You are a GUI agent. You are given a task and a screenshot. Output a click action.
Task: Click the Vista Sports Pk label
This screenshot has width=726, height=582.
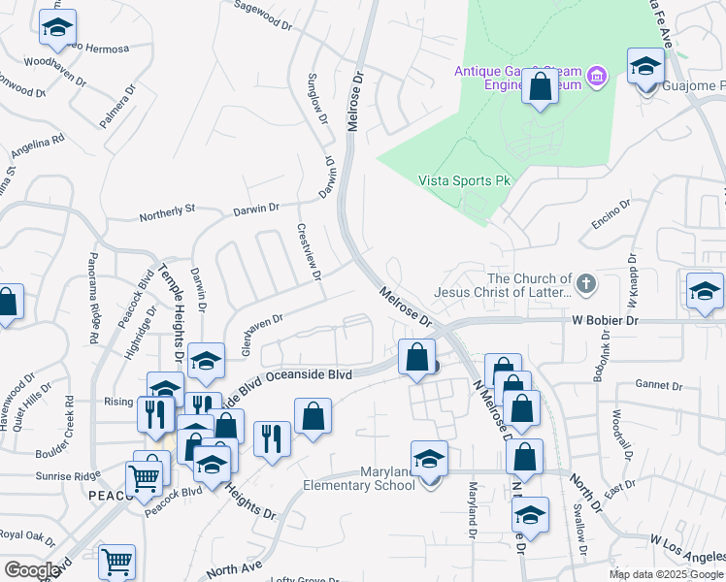click(x=464, y=180)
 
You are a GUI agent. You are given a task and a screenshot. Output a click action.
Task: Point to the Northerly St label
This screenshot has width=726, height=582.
click(x=168, y=209)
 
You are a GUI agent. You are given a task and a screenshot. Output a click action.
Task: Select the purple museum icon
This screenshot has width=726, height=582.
click(x=597, y=75)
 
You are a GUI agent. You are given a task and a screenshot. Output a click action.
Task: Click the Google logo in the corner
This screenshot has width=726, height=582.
click(x=32, y=570)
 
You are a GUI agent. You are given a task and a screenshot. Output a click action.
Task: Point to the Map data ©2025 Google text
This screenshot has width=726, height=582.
click(x=666, y=574)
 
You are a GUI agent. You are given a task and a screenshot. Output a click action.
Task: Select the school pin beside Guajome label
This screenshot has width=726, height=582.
click(x=645, y=67)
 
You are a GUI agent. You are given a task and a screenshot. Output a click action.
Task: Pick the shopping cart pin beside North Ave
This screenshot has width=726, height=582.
click(x=117, y=562)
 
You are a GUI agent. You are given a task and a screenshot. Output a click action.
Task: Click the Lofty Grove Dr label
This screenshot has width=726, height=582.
click(x=305, y=580)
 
